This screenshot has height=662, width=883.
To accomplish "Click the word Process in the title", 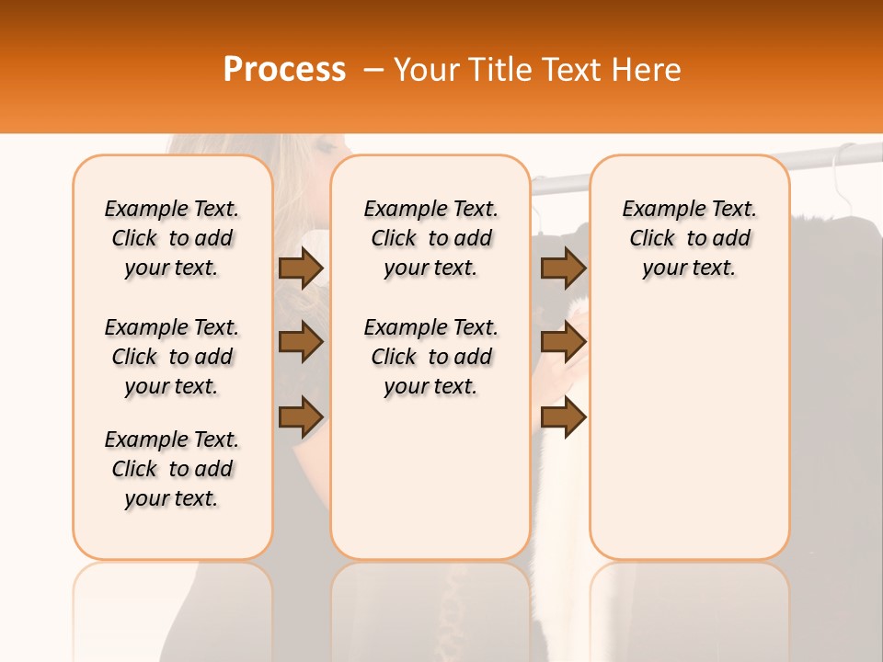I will point(284,70).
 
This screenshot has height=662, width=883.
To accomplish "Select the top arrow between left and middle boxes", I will point(301,268).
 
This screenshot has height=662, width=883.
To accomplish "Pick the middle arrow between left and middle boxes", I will point(301,343).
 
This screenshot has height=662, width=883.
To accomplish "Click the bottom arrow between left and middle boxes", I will point(301,417).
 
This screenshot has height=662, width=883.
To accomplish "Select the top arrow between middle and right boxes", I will point(563,268).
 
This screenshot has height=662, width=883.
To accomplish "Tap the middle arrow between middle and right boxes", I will point(563,343).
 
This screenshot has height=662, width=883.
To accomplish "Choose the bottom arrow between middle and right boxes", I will point(563,417).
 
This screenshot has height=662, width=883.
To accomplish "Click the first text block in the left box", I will point(172,238).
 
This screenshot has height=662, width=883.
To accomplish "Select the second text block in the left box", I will point(172,357).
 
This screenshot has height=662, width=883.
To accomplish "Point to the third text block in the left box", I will point(172,469).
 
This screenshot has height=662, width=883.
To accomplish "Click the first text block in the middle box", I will point(430,238).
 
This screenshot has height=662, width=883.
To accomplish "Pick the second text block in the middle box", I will point(430,357).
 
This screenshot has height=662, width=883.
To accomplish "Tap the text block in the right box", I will point(689,238).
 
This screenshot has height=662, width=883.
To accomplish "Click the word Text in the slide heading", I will point(569,70).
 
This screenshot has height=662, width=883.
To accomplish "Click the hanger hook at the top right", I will point(842,161).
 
